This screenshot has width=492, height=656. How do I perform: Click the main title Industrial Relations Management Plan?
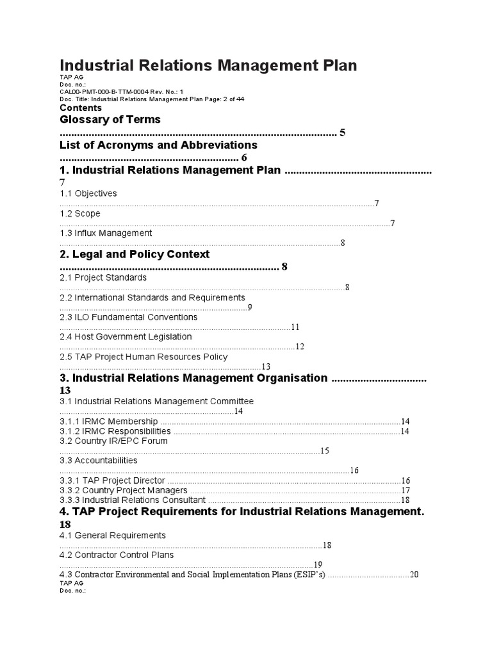click(x=208, y=65)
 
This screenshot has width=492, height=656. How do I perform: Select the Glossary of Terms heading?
click(x=110, y=120)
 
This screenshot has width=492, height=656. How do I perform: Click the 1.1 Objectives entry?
click(x=88, y=193)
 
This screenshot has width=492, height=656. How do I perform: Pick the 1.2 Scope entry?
click(x=80, y=213)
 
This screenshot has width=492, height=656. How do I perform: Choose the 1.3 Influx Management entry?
click(x=106, y=233)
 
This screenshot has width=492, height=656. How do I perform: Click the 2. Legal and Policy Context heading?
click(x=135, y=254)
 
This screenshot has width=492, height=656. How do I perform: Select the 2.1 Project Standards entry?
click(x=103, y=277)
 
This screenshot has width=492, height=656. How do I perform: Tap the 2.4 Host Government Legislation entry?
click(x=126, y=336)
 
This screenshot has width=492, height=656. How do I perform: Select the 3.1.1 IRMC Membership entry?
click(x=109, y=422)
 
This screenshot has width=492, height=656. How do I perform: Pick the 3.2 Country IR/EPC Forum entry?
click(x=113, y=441)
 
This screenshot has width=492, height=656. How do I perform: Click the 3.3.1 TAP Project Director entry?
click(x=113, y=480)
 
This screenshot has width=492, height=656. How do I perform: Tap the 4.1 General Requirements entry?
click(x=113, y=535)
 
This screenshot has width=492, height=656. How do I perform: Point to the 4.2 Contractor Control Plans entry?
click(x=117, y=555)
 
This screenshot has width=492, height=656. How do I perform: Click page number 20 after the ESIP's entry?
click(x=414, y=575)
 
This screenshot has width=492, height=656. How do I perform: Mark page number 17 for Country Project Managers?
click(x=405, y=491)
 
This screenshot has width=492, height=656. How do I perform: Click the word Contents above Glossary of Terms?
click(x=81, y=108)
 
